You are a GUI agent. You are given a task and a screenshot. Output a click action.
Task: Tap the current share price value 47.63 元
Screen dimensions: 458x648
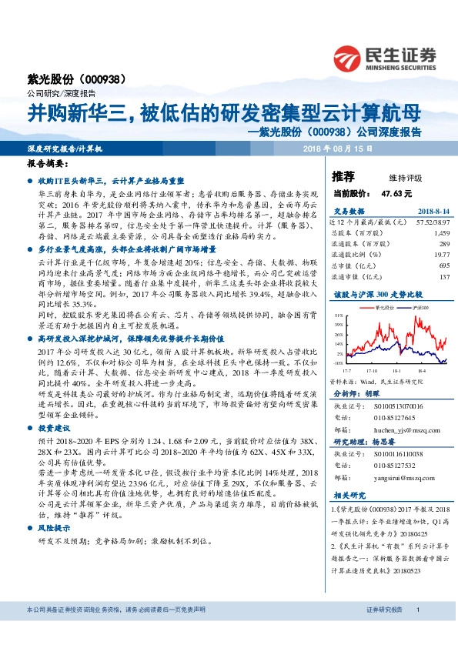click(x=396, y=193)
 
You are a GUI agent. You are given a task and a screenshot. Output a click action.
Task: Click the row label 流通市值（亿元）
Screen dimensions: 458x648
click(x=353, y=276)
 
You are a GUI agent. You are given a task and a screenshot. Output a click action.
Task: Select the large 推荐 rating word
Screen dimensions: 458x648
click(x=343, y=175)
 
